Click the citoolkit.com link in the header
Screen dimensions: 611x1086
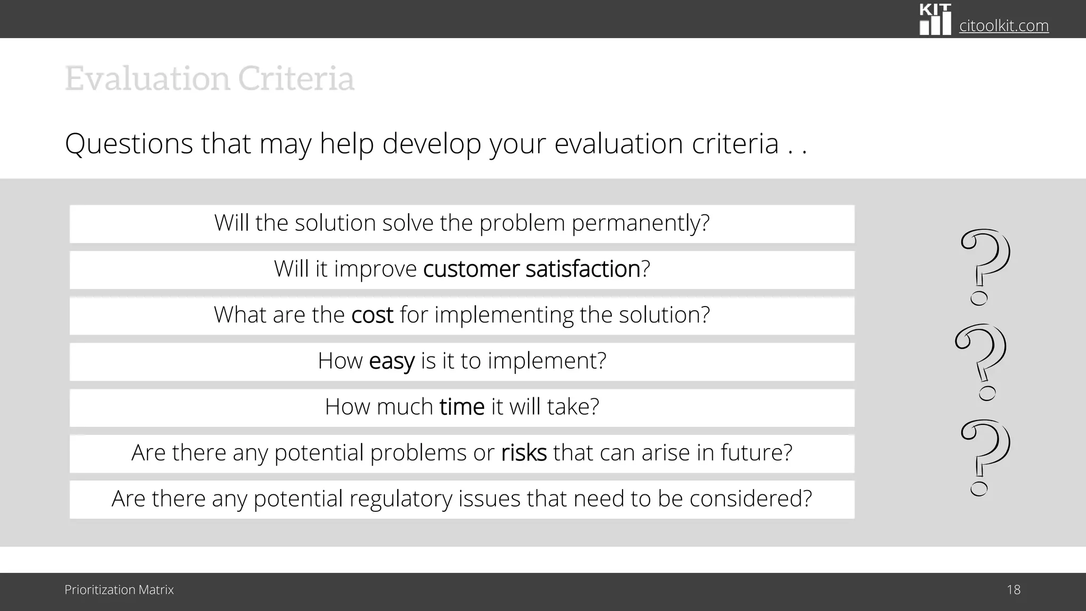tap(1004, 25)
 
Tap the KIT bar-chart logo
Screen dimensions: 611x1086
tap(935, 20)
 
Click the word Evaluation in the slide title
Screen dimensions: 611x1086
tap(147, 78)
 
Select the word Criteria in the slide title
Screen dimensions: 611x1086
tap(296, 78)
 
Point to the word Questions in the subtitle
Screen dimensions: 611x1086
tap(129, 144)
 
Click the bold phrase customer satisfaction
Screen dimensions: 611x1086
tap(531, 269)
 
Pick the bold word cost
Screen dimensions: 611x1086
tap(372, 315)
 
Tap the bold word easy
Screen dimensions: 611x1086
tap(391, 361)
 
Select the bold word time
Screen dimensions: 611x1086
tap(462, 407)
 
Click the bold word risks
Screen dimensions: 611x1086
tap(523, 453)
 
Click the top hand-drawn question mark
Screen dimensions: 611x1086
tap(985, 265)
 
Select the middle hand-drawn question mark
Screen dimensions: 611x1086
tap(981, 361)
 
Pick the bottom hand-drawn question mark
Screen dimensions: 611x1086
tap(985, 456)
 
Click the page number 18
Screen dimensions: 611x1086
tap(1013, 590)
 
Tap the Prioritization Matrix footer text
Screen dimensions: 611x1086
tap(119, 590)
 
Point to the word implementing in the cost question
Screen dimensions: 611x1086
tap(504, 315)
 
